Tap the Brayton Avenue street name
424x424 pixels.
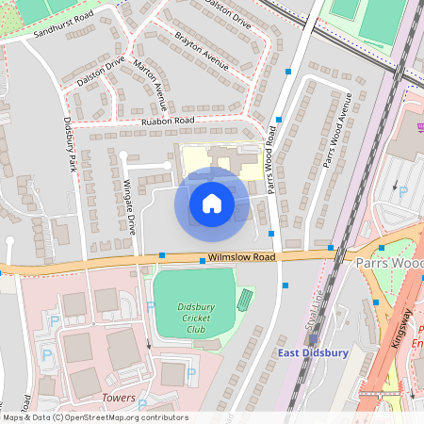tap(203, 52)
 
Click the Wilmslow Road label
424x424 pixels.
tap(241, 257)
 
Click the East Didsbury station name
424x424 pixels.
tap(314, 353)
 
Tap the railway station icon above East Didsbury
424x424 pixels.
tap(314, 340)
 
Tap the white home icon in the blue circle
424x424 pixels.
tap(212, 204)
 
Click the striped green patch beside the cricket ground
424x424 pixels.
tap(245, 301)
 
